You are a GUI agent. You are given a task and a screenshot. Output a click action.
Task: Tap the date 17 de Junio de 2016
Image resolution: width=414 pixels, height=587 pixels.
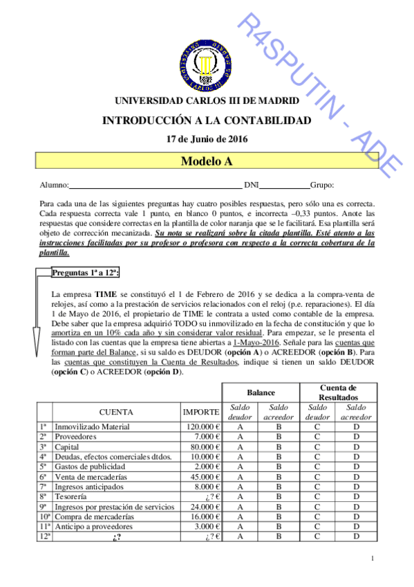click(207, 138)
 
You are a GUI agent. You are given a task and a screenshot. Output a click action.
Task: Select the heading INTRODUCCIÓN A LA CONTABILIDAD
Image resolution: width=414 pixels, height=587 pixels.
click(207, 120)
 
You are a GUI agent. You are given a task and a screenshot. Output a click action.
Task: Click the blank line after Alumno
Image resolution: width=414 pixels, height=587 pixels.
click(155, 186)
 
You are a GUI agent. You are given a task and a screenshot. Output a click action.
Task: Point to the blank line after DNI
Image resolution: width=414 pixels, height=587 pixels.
click(285, 186)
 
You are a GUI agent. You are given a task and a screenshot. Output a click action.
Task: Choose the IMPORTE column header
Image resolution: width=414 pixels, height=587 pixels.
click(201, 413)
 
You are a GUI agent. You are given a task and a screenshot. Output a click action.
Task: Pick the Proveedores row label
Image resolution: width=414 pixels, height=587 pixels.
click(76, 437)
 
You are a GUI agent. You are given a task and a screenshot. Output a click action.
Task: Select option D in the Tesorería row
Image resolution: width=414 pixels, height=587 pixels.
click(356, 496)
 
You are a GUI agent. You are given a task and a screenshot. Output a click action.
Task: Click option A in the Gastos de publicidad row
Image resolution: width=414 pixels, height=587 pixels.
click(240, 467)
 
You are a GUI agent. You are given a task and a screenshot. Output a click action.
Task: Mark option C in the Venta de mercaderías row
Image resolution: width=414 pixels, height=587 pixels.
click(317, 477)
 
